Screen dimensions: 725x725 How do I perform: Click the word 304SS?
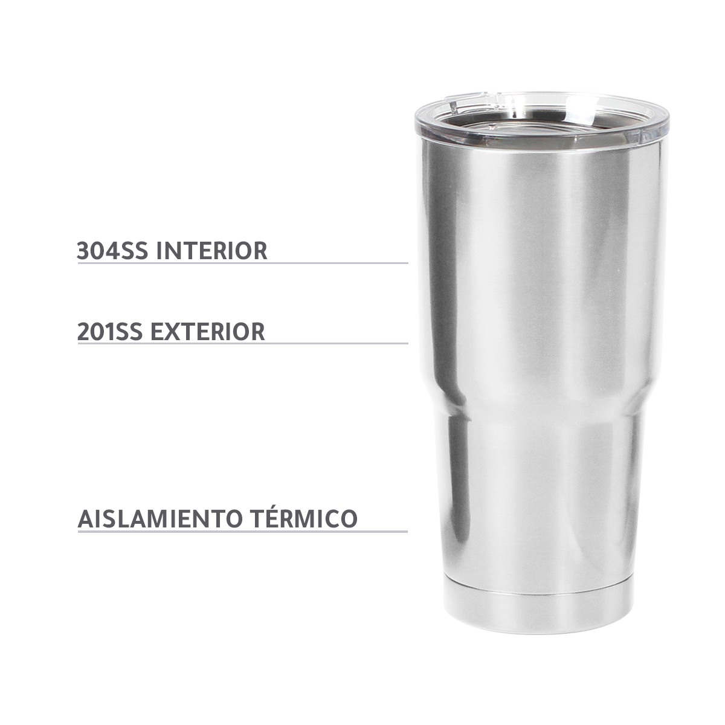click(x=113, y=250)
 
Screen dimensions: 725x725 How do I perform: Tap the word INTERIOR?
click(x=211, y=250)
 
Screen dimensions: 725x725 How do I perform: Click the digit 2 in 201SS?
click(x=83, y=332)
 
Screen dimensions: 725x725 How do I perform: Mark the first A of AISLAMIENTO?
click(x=85, y=518)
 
